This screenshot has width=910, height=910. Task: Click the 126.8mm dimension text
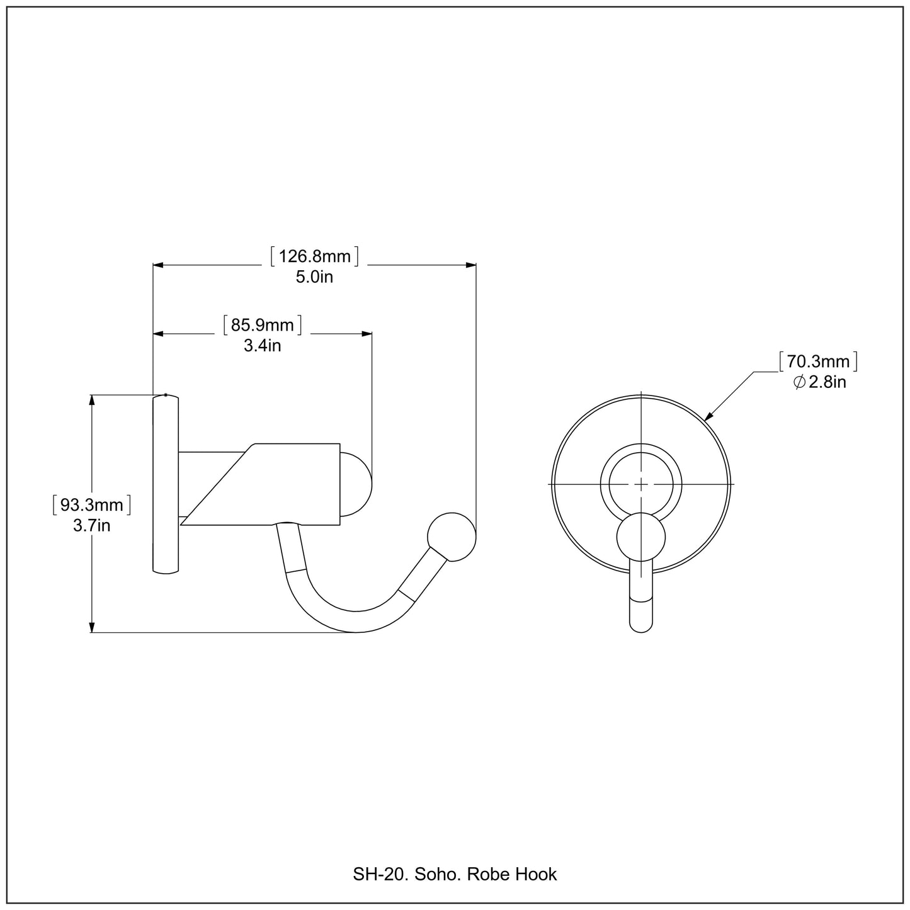pos(314,256)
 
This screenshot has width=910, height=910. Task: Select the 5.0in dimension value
pos(314,276)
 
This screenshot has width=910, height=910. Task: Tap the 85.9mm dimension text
pos(263,325)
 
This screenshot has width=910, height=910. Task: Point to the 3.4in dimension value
pos(262,346)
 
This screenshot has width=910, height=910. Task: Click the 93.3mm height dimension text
pos(91,504)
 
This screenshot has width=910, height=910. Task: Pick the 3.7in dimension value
pos(91,525)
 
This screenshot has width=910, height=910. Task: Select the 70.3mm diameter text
pos(818,361)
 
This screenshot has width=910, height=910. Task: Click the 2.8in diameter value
pos(828,382)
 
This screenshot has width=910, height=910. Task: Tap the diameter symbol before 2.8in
pos(799,382)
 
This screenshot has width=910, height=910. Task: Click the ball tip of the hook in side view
pos(451,537)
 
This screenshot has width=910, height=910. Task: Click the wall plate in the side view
pos(166,484)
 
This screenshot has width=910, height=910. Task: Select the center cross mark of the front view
pos(640,484)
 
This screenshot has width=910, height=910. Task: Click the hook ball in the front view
pos(640,537)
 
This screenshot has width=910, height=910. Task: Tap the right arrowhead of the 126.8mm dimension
pos(470,265)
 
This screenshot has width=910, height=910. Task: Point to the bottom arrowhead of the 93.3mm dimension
pos(92,627)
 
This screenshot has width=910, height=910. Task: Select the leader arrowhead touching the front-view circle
pos(708,416)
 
